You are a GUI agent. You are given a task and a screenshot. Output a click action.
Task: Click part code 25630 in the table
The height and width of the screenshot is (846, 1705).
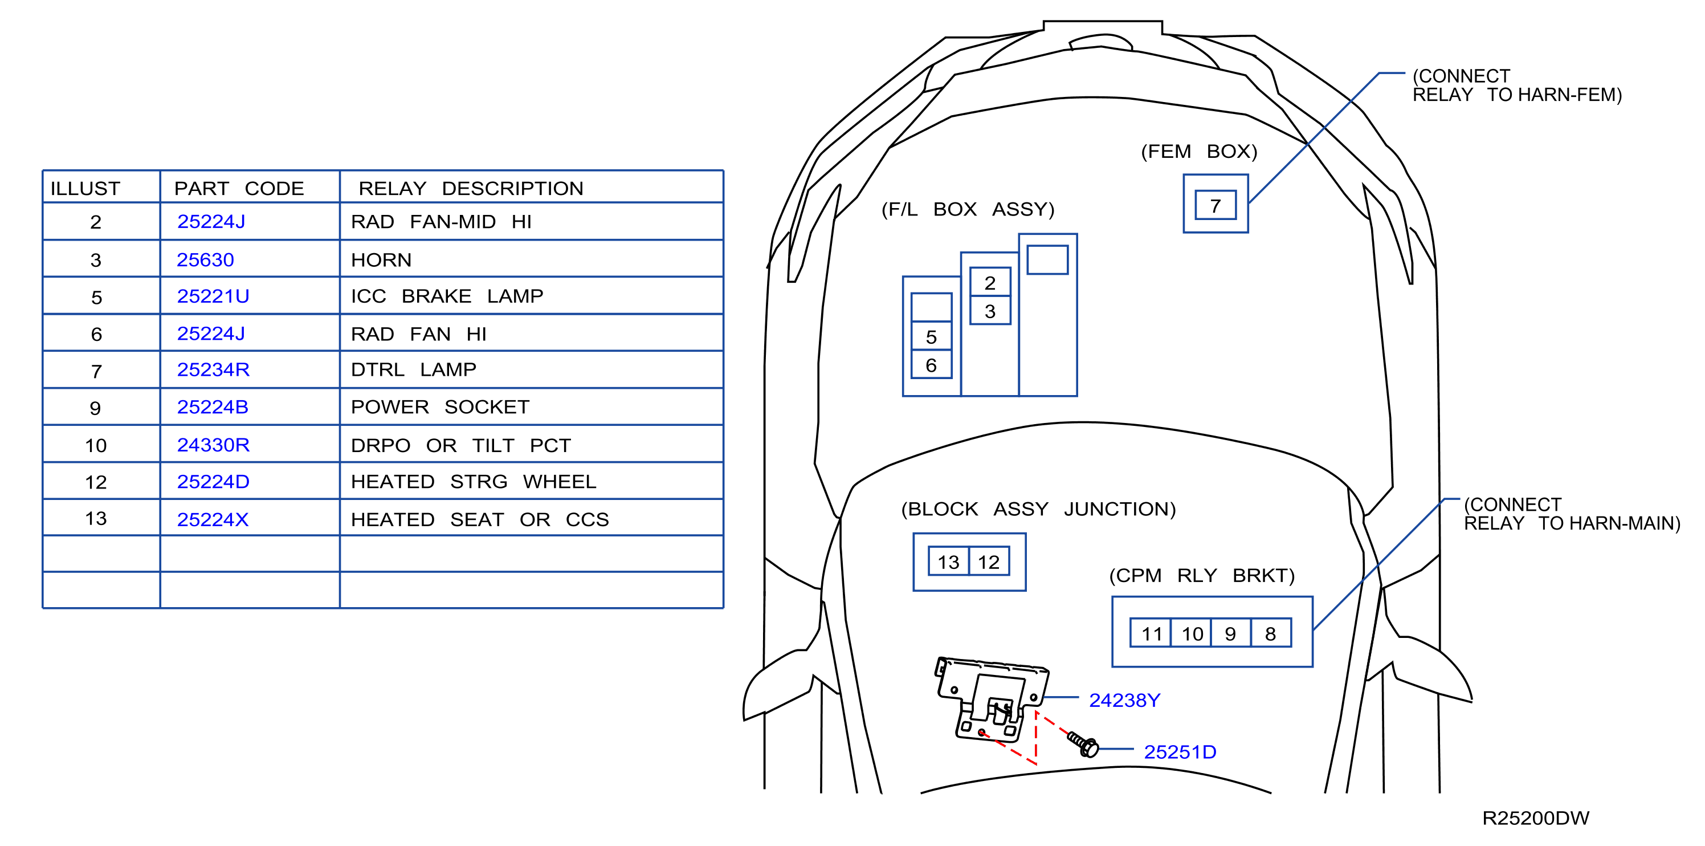pos(205,259)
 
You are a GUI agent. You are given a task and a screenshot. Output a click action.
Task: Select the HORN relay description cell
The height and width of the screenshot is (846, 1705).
pos(381,259)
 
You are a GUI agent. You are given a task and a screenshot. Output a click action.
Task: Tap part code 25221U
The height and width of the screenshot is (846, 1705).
pos(213,296)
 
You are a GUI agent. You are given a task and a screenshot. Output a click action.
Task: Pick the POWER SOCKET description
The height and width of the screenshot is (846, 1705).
pos(440,406)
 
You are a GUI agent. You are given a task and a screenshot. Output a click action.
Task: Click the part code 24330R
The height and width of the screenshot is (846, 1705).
pos(213,445)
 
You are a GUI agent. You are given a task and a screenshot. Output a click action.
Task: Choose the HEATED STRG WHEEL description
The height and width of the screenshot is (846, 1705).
pos(473,481)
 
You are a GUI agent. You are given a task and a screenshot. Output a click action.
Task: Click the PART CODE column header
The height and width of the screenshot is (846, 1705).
pos(239,188)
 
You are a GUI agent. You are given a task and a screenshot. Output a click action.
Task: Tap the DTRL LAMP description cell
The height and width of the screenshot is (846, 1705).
pos(414,369)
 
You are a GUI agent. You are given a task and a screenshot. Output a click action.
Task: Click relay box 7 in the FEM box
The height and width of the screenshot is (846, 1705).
pos(1215,205)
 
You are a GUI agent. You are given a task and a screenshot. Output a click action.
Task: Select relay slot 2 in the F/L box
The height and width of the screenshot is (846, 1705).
pos(989,282)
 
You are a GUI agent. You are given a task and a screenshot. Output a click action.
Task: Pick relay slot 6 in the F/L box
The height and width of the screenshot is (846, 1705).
pos(931,365)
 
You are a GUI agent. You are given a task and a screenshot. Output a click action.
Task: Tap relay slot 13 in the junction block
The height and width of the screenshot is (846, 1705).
pos(948,562)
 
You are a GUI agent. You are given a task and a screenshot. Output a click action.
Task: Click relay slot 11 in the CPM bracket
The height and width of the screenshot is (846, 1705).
pos(1151,633)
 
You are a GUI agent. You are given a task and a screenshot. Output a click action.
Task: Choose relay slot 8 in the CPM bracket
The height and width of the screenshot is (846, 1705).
pos(1271,633)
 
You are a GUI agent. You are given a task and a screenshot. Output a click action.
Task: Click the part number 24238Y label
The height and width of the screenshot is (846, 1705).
pos(1124,699)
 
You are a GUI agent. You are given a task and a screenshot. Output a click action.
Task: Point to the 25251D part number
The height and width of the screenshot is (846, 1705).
pos(1180,751)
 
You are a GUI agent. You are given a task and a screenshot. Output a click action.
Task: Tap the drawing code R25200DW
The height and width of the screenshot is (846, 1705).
pos(1536,817)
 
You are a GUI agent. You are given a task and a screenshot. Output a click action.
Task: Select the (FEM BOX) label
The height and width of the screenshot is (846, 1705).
pos(1198,152)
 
